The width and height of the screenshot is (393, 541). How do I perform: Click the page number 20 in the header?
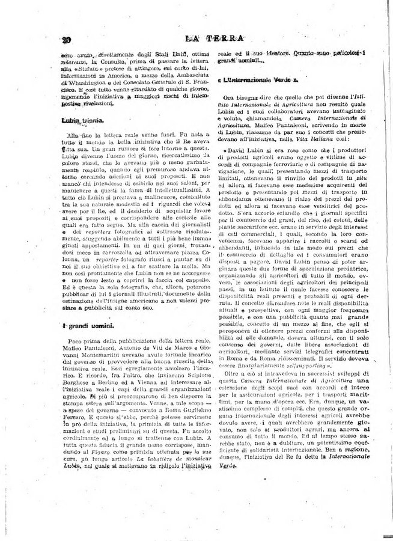click(66, 41)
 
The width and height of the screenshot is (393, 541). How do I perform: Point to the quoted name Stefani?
click(86, 69)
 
